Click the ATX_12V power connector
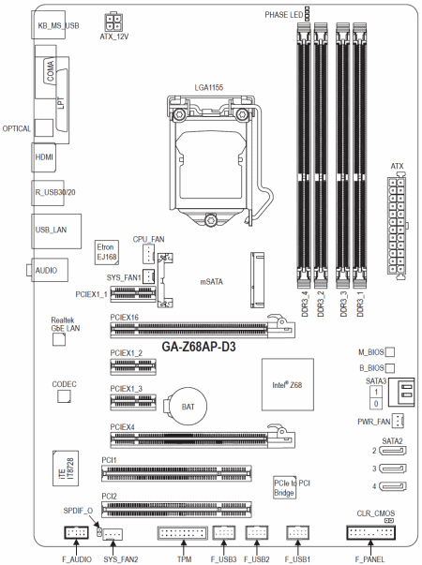(113, 22)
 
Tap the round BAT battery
(188, 407)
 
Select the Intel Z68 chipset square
(288, 384)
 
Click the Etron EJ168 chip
(107, 252)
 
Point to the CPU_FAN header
(148, 254)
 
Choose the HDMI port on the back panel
(44, 157)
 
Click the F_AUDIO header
(76, 532)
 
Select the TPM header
(183, 533)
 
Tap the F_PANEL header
(370, 532)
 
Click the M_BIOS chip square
(390, 352)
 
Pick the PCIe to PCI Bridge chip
(284, 488)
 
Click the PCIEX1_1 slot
(133, 293)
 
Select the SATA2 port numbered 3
(393, 468)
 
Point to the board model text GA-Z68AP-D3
(199, 347)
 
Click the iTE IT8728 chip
(66, 468)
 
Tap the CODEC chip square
(64, 396)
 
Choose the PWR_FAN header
(398, 421)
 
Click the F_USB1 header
(298, 532)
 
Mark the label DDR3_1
(360, 305)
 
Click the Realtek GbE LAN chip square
(59, 339)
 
